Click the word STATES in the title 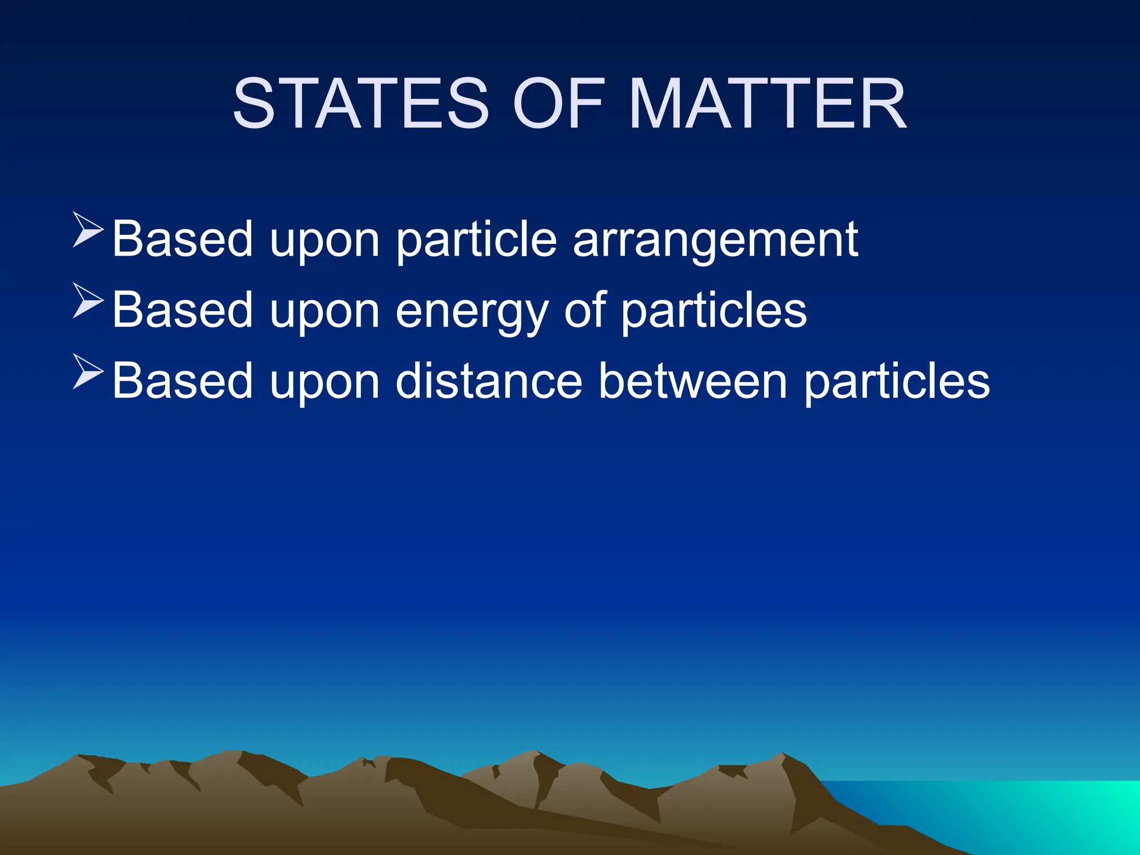(x=361, y=104)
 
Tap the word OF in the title (x=558, y=104)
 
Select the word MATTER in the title (x=768, y=104)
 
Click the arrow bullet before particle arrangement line (x=88, y=229)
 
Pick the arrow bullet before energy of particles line (x=88, y=301)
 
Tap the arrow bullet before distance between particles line (x=88, y=371)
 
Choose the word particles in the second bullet (x=714, y=311)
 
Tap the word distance (x=489, y=381)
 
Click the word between (x=692, y=381)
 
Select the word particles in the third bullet (x=897, y=382)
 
